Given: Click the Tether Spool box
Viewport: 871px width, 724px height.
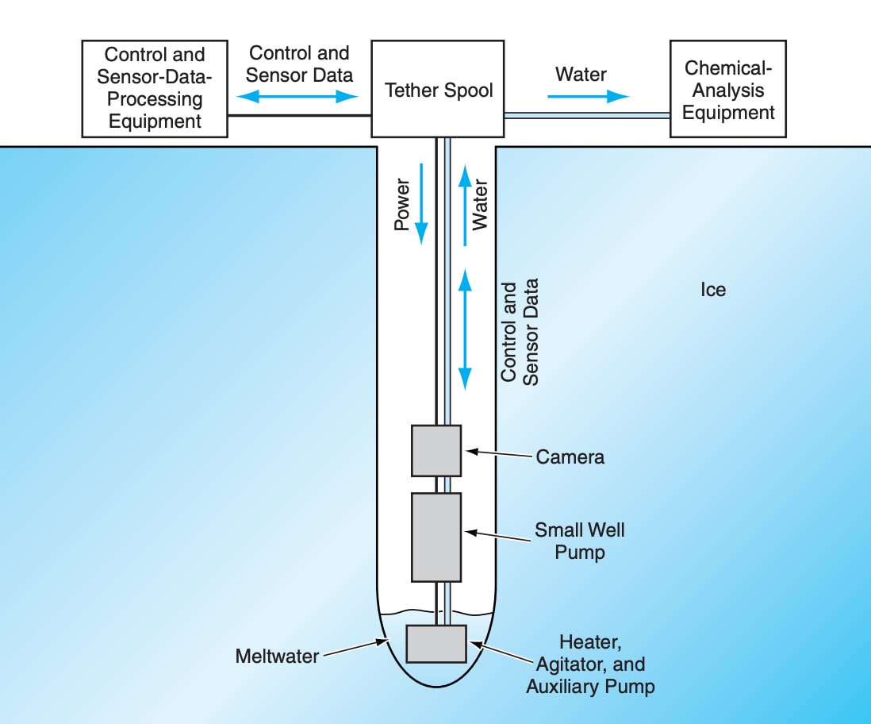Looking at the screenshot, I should coord(438,89).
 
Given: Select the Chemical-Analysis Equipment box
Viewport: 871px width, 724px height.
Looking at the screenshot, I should coord(727,89).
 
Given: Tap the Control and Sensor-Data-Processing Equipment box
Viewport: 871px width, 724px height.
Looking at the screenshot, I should coord(155,89).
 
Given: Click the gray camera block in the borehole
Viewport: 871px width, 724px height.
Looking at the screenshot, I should coord(435,450).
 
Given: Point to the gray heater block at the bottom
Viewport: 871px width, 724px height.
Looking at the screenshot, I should coord(435,643).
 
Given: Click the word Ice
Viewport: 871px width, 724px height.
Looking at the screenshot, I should coord(712,290).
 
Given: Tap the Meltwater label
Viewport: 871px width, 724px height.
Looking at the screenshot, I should coord(276,657).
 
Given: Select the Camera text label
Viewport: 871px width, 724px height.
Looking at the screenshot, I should coord(570,456).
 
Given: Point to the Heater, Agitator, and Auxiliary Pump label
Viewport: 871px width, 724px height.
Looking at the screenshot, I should coord(590,664).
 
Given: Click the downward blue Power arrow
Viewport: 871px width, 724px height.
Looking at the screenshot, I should coord(421,202).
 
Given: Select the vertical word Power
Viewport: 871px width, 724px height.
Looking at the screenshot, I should coord(402,204).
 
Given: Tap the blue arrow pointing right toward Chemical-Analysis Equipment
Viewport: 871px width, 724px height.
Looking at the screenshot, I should coord(588,96).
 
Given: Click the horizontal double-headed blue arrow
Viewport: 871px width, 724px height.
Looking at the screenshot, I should coord(299,96).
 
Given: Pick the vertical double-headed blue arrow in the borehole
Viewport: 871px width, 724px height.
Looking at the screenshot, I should coord(466,328).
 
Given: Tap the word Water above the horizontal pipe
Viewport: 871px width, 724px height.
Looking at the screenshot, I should coord(581,75).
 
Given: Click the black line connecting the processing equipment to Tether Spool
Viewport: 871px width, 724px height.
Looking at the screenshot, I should coord(299,115).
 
